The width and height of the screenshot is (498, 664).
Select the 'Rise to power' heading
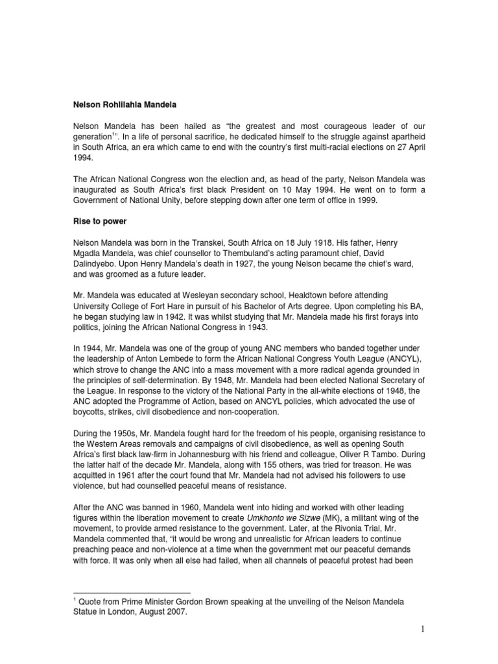point(100,220)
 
